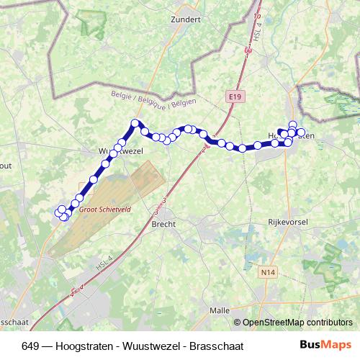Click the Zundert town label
coord(186,19)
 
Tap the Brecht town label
coord(163,223)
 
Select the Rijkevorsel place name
coord(287,222)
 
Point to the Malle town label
coord(219,310)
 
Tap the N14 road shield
coord(268,271)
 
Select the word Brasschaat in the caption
coord(217,346)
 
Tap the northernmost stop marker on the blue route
coord(292,124)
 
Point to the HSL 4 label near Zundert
coord(256,32)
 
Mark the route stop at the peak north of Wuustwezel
coord(135,123)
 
